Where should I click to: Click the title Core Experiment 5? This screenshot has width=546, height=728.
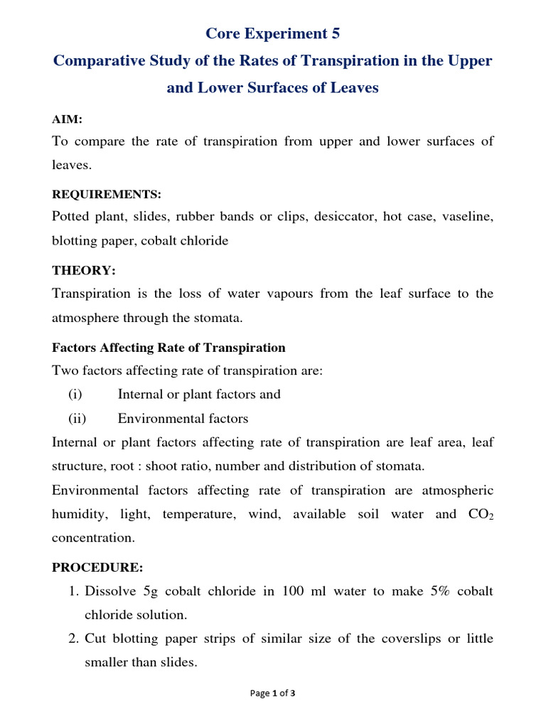click(273, 33)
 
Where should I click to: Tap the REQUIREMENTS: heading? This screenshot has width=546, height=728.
click(107, 194)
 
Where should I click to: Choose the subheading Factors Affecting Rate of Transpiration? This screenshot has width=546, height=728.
click(168, 348)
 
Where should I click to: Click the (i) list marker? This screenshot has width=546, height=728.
click(75, 394)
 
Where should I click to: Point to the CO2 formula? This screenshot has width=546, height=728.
click(478, 514)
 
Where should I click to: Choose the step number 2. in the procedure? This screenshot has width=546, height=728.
click(73, 638)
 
